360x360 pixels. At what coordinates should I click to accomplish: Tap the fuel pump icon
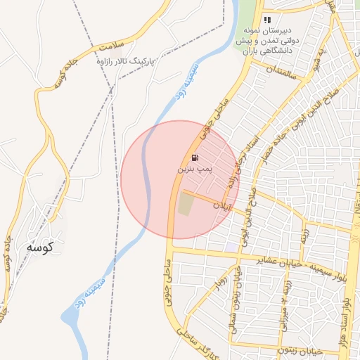click(x=195, y=157)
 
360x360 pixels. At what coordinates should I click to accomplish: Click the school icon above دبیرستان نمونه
click(x=267, y=20)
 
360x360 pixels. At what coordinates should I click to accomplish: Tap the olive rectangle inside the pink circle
click(x=185, y=205)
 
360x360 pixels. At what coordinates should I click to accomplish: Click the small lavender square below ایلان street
click(x=231, y=247)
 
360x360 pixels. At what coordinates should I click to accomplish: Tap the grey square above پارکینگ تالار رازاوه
click(x=114, y=53)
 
